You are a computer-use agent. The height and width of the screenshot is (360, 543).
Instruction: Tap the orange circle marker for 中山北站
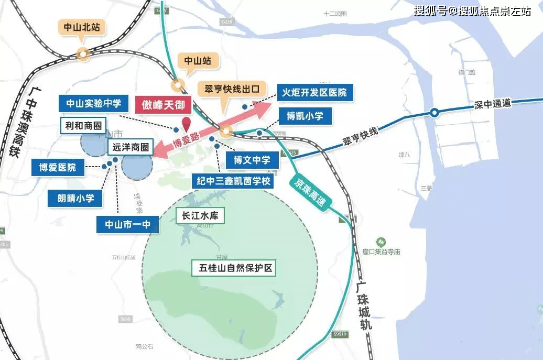(82, 53)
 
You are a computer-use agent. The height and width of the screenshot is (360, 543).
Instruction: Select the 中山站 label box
(198, 61)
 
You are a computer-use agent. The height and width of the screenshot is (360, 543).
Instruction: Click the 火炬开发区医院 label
(315, 93)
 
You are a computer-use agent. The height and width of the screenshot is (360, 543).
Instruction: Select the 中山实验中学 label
(93, 103)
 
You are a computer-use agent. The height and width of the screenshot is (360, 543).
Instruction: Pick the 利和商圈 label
(82, 126)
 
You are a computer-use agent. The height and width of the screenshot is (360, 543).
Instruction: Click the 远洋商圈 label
(131, 148)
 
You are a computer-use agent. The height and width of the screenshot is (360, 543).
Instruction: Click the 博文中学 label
(252, 159)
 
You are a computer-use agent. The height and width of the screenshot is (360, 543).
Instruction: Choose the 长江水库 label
(199, 216)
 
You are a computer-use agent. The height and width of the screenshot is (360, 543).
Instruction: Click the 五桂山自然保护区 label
(234, 268)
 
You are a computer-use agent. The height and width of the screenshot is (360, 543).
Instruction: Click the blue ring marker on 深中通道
(435, 112)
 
